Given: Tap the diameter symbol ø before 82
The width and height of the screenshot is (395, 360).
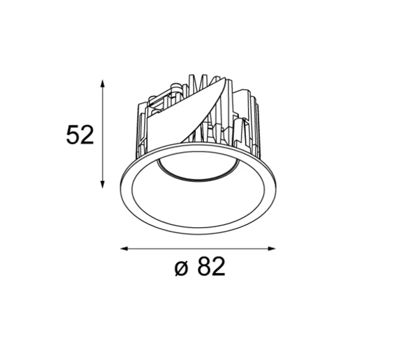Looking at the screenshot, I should pyautogui.click(x=181, y=269).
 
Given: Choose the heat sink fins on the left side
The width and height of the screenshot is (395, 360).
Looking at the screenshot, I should pyautogui.click(x=142, y=130).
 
